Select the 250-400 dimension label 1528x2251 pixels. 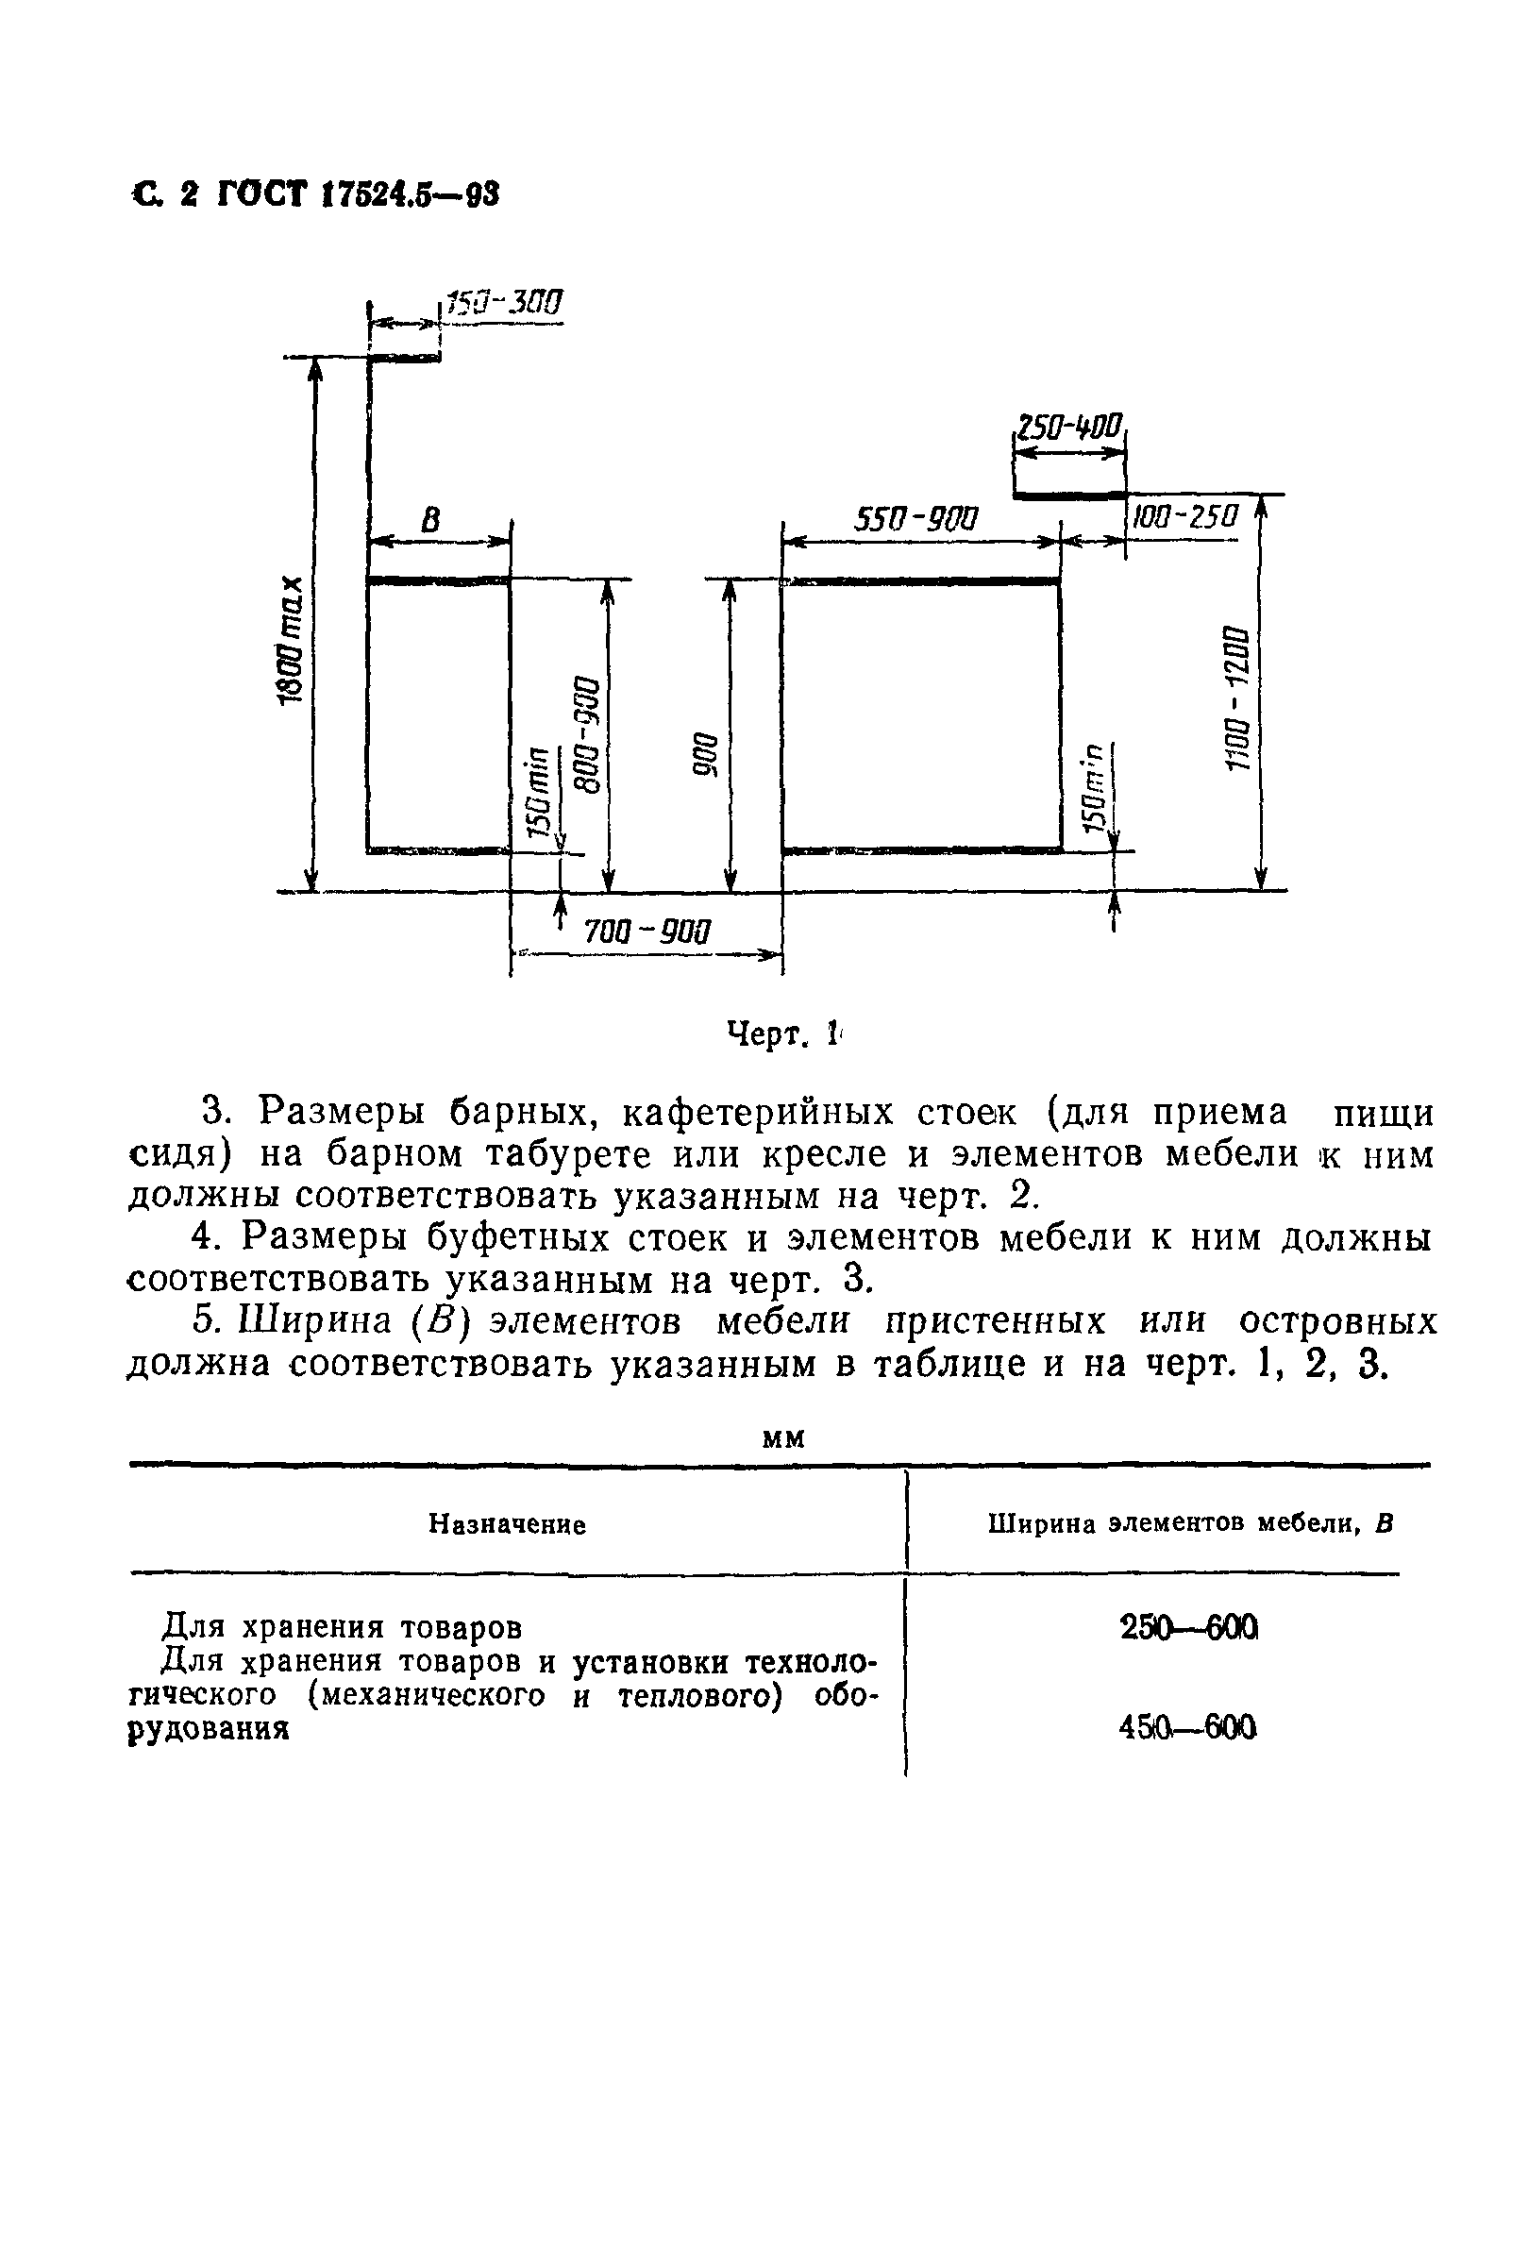pos(1067,427)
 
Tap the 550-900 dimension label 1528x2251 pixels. pos(915,520)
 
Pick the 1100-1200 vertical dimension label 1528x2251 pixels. pos(1238,697)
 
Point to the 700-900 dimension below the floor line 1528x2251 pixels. pos(646,932)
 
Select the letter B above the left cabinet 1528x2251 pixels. pos(430,521)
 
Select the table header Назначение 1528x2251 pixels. pos(508,1525)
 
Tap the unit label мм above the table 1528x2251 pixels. pos(783,1439)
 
